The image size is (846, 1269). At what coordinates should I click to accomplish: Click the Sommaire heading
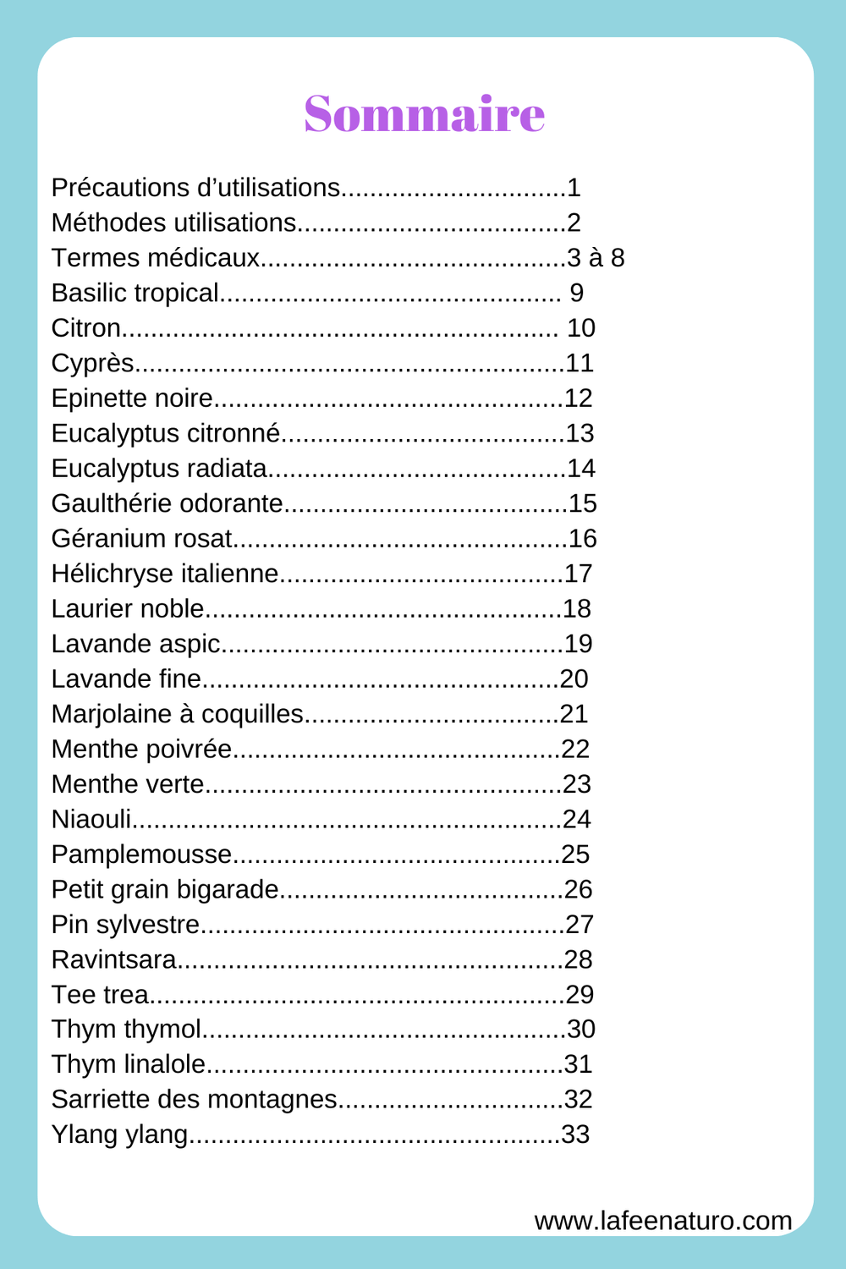click(424, 113)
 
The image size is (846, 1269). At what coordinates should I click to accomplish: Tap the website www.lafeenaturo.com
click(663, 1221)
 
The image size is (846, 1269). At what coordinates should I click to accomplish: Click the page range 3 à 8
click(596, 258)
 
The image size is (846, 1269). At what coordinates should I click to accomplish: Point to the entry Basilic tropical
click(135, 293)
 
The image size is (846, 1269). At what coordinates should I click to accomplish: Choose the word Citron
click(85, 328)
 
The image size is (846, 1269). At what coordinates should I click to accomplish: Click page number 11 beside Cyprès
click(580, 363)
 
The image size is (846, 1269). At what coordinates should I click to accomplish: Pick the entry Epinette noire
click(132, 398)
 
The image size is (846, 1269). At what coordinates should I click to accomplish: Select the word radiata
click(225, 469)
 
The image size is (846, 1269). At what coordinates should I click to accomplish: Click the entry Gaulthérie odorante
click(167, 503)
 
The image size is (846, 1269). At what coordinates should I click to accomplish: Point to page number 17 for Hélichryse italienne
click(579, 574)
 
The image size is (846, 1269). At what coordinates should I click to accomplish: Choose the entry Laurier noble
click(128, 609)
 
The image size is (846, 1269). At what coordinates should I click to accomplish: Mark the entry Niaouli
click(91, 819)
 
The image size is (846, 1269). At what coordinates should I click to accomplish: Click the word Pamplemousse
click(141, 854)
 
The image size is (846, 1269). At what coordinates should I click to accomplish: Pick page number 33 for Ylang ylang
click(575, 1134)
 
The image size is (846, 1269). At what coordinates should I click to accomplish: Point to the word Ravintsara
click(114, 959)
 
